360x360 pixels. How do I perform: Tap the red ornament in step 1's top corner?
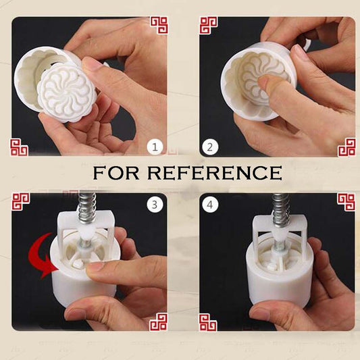tap(159, 26)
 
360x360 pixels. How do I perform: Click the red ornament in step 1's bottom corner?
tap(18, 147)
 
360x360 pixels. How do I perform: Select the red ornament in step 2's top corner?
tap(208, 26)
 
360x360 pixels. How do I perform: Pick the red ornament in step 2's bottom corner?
tap(346, 147)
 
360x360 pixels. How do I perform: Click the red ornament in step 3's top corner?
tap(21, 202)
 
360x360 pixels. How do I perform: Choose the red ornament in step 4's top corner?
tap(346, 202)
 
